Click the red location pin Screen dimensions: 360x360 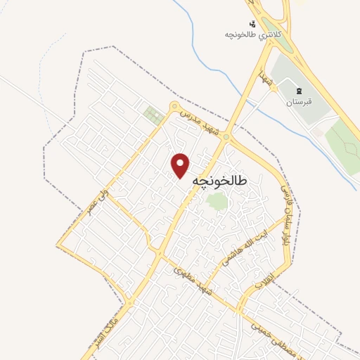click(x=181, y=165)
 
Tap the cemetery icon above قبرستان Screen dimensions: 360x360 click(x=298, y=91)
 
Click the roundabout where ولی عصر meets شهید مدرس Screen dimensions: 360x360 click(x=174, y=106)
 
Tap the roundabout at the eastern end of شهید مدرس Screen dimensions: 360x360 click(x=226, y=138)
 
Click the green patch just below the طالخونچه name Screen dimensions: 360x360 click(x=217, y=202)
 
